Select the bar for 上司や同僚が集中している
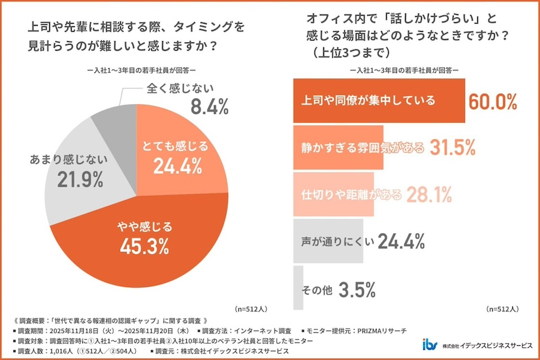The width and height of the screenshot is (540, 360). click(x=379, y=101)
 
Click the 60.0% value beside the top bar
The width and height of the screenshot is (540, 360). click(x=492, y=102)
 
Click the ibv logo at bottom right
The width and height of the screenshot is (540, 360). click(x=429, y=344)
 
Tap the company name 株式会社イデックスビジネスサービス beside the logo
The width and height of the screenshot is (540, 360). click(x=486, y=345)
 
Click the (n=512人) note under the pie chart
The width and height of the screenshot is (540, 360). click(x=252, y=309)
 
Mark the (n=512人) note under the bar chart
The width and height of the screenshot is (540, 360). click(x=502, y=309)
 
